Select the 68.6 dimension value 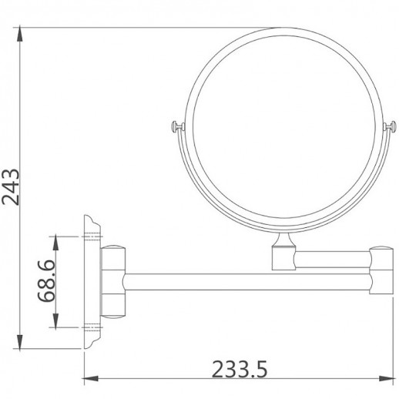click(47, 283)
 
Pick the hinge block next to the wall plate click(112, 282)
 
